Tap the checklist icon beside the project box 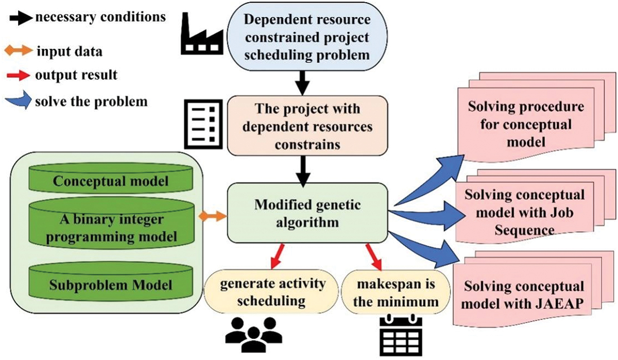coord(203,124)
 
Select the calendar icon coord(401,336)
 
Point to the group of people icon coord(254,334)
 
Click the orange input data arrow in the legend coord(19,51)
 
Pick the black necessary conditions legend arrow coord(21,18)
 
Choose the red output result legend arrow coord(19,75)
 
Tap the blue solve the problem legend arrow coord(19,100)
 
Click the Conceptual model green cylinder coord(111,178)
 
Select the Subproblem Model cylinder coord(111,281)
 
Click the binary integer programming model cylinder coord(111,224)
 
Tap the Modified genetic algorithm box coord(307,213)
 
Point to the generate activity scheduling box coord(271,292)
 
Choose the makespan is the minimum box coord(396,293)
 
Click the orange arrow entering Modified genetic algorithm coord(212,216)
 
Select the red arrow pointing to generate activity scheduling coord(277,256)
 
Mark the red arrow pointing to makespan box coord(374,256)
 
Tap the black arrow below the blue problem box coord(303,83)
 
